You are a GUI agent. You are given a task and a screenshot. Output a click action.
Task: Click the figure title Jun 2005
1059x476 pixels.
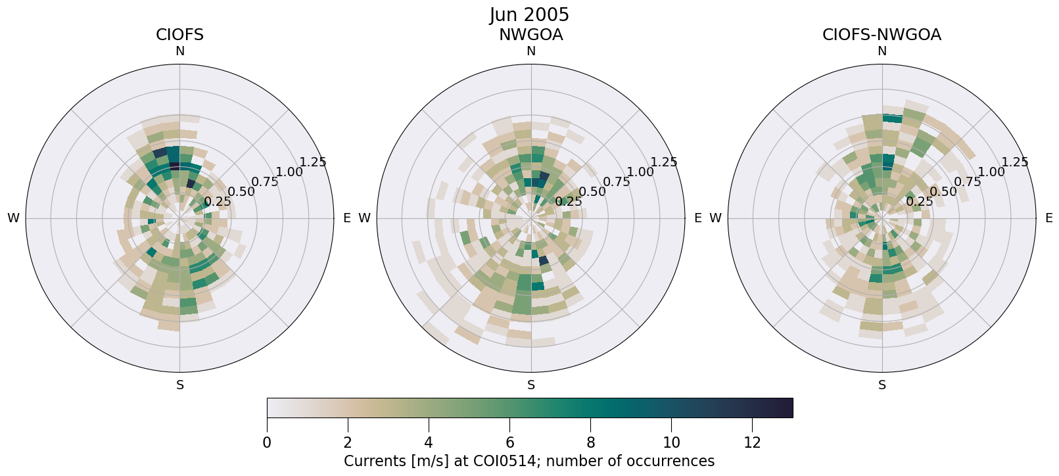click(x=529, y=14)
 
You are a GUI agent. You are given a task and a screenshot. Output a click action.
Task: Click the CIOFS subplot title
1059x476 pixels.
click(x=179, y=35)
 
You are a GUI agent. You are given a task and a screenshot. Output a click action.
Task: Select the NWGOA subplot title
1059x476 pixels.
click(x=530, y=35)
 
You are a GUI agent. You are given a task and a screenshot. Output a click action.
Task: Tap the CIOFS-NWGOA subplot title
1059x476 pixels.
click(x=882, y=35)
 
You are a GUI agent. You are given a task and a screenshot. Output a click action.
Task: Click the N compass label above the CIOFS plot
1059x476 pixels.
click(x=179, y=51)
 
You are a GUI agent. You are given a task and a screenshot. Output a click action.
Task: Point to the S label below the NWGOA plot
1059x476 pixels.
click(x=531, y=385)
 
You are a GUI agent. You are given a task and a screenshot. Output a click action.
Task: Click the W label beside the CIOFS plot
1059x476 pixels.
click(x=13, y=218)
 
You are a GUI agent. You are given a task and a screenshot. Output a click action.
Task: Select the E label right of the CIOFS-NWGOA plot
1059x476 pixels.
click(x=1048, y=218)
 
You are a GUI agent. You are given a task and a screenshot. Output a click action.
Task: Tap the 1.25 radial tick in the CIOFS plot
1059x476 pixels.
click(x=313, y=162)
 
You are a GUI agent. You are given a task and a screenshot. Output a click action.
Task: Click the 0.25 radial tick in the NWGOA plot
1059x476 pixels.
click(x=569, y=202)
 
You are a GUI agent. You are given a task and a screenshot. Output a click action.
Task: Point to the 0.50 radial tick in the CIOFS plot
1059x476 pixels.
click(x=241, y=192)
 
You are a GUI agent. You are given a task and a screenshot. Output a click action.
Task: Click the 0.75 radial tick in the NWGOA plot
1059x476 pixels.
click(x=616, y=182)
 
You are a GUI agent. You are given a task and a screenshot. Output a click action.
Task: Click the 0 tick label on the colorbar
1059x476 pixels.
click(x=267, y=443)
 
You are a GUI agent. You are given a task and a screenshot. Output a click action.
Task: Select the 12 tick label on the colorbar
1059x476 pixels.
click(x=752, y=443)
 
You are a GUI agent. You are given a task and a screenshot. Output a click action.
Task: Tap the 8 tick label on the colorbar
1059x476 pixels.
click(x=590, y=443)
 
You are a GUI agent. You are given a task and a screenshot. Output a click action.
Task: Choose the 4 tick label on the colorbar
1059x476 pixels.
click(x=429, y=443)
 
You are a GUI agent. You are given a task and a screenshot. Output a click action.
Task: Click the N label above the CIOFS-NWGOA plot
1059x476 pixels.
click(x=882, y=51)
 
